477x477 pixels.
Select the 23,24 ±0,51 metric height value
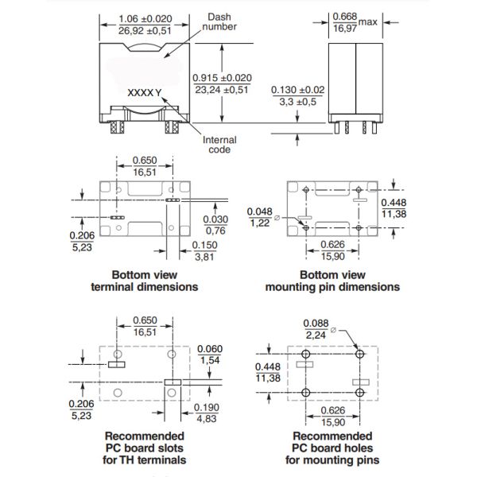tap(223, 91)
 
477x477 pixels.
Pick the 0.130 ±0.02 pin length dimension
tap(299, 91)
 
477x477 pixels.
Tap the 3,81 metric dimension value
tap(205, 257)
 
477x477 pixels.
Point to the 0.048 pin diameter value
tap(260, 211)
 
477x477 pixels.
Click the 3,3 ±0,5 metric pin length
tap(299, 103)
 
